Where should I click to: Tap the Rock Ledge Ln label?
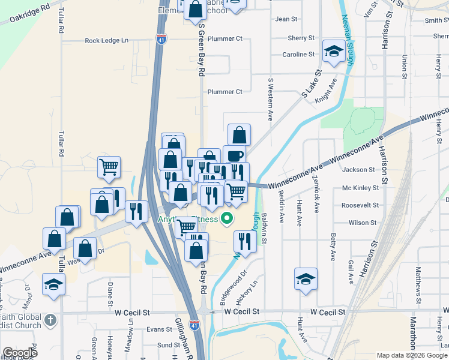pos(107,41)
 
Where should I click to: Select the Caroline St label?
pos(298,55)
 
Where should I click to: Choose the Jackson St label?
pos(358,170)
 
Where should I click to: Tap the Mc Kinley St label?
pos(360,188)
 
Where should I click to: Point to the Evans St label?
pos(160,329)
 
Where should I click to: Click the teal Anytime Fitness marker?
pos(227,218)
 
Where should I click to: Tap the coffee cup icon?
pos(234,155)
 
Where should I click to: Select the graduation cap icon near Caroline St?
pos(334,51)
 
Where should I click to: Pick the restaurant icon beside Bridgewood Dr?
pos(244,241)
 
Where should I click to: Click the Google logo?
pos(20,353)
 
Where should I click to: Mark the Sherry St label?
pos(301,38)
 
